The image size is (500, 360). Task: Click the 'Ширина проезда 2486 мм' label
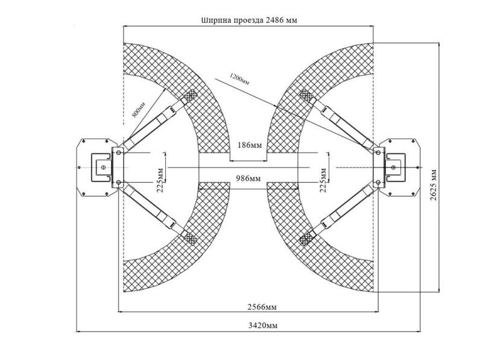(x=249, y=20)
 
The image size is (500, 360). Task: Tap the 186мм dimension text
(x=249, y=145)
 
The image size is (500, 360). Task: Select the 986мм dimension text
(x=248, y=178)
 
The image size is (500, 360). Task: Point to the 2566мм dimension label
(x=262, y=307)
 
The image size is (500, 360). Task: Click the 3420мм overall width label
(x=263, y=325)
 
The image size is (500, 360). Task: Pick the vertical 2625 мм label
(x=433, y=185)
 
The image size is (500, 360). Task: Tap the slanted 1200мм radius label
(x=239, y=79)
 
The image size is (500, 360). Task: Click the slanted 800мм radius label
(x=139, y=109)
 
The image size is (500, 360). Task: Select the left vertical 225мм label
(x=160, y=180)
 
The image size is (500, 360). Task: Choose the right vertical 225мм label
(x=323, y=180)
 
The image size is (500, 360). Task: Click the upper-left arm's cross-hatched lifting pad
(x=191, y=95)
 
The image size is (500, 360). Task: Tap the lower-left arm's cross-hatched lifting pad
(x=190, y=238)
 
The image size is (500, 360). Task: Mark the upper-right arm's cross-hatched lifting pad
(x=306, y=95)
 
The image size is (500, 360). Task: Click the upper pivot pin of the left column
(x=119, y=153)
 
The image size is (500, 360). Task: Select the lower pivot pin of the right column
(x=378, y=182)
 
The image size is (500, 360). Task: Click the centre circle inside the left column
(x=103, y=168)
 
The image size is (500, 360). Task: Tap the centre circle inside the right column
(x=394, y=168)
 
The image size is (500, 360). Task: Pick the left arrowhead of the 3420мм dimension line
(x=78, y=332)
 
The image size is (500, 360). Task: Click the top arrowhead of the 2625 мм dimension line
(x=439, y=45)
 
